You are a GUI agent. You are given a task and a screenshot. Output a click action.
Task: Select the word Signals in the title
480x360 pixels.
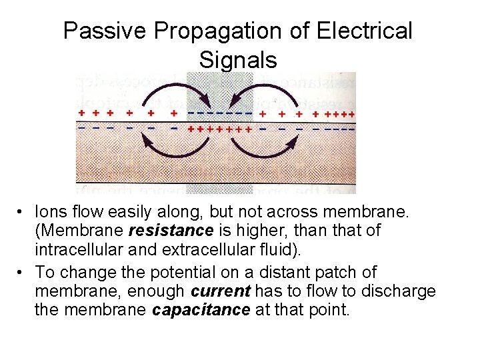point(238,60)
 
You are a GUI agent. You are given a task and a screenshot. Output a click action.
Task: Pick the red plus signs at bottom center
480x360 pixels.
point(219,129)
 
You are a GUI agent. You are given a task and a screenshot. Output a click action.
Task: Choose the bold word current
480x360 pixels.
point(220,291)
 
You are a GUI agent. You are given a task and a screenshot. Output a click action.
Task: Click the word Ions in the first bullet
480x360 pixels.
point(51,212)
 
